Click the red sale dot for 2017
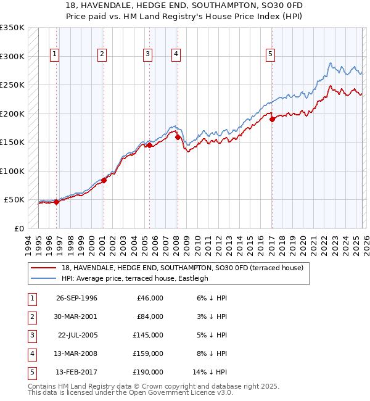tap(272, 120)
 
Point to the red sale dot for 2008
tap(178, 138)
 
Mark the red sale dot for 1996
tap(56, 202)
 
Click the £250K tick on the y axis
tap(12, 85)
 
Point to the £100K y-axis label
tap(12, 171)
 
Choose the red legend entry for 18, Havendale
tap(183, 268)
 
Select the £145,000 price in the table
tap(148, 335)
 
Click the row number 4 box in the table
tap(30, 353)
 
